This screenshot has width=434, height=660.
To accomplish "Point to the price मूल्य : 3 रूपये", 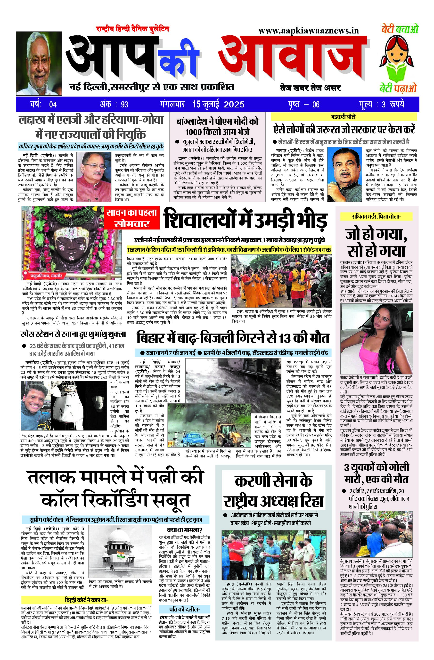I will coord(381,104).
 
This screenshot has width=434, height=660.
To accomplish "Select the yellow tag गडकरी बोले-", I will coord(344,117).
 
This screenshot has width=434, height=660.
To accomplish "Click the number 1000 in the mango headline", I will coord(193,131).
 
